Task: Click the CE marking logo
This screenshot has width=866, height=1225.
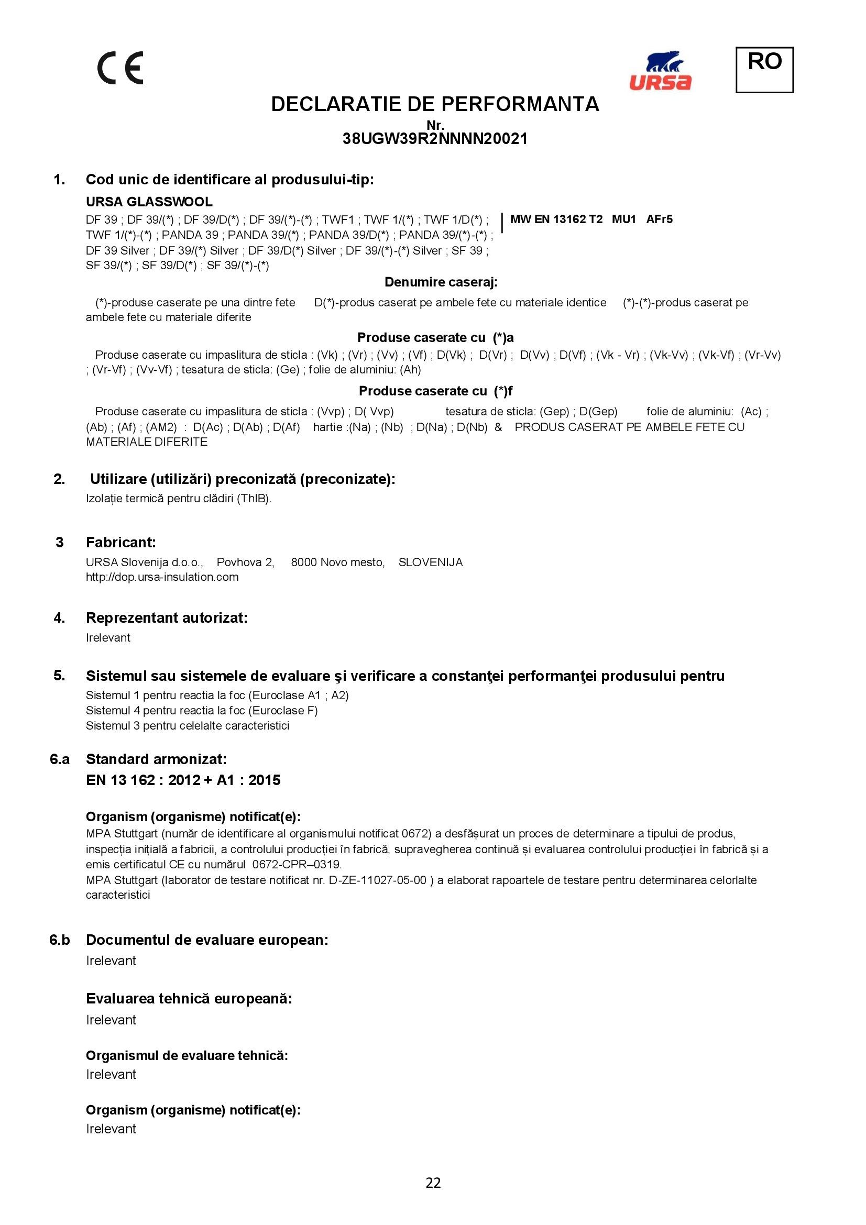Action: (x=120, y=68)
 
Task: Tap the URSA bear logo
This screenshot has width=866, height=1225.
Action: (x=660, y=70)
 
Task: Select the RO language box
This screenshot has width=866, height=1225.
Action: (x=764, y=69)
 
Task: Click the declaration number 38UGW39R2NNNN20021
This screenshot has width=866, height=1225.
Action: (x=435, y=139)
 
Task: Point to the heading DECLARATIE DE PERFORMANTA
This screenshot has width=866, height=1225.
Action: (x=435, y=104)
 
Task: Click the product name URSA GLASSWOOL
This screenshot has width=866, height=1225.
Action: (x=149, y=202)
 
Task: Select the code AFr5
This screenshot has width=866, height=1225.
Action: (x=659, y=219)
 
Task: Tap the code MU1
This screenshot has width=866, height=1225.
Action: (x=623, y=219)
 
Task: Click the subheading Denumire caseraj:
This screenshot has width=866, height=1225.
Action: (x=441, y=282)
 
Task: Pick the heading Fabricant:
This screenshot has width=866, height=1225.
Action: (x=120, y=542)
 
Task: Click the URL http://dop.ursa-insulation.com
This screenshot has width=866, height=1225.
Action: (x=162, y=577)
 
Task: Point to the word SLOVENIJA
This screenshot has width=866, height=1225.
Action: (x=430, y=562)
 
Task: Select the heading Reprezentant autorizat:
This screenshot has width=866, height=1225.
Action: (x=167, y=618)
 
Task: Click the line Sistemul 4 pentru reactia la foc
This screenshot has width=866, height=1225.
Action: (x=202, y=711)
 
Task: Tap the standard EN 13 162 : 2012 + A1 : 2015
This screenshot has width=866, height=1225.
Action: (x=183, y=780)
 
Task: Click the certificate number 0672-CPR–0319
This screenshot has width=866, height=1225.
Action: (x=297, y=864)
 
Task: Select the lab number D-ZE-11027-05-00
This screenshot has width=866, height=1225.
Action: (x=378, y=880)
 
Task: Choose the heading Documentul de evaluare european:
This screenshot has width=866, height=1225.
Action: (x=207, y=940)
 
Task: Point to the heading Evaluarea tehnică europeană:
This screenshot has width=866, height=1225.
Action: (x=189, y=999)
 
